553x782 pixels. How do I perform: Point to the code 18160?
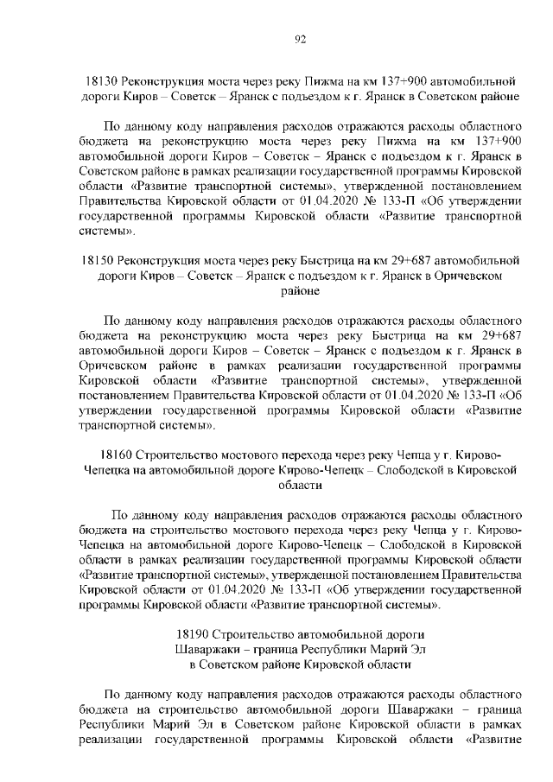(x=118, y=454)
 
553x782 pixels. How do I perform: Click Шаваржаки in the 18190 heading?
(x=207, y=650)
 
